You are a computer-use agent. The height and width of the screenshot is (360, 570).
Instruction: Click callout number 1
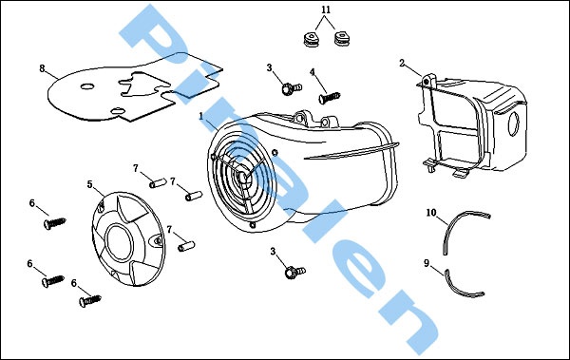pos(201,117)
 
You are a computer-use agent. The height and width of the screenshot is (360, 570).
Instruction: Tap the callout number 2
pos(402,64)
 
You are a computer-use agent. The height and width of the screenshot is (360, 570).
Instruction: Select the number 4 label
pos(313,72)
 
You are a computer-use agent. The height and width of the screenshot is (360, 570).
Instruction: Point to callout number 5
pos(90,184)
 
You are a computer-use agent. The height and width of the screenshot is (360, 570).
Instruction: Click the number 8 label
pos(42,68)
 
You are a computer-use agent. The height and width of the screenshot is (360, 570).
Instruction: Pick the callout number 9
pos(427,263)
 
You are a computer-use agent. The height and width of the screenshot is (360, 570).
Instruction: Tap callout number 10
pos(431,213)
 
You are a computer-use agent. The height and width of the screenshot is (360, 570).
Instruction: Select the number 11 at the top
pos(326,9)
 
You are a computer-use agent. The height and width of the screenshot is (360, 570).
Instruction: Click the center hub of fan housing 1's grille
pos(242,178)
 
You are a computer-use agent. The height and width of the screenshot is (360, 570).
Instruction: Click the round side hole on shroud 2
pos(514,123)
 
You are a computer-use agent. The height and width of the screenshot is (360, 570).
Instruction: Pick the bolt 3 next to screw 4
pos(292,88)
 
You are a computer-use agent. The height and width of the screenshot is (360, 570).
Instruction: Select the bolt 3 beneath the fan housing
pos(294,272)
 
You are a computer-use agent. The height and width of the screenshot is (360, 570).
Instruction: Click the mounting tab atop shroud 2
pos(429,81)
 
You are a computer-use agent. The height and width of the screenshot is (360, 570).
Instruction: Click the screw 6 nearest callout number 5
pos(54,222)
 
